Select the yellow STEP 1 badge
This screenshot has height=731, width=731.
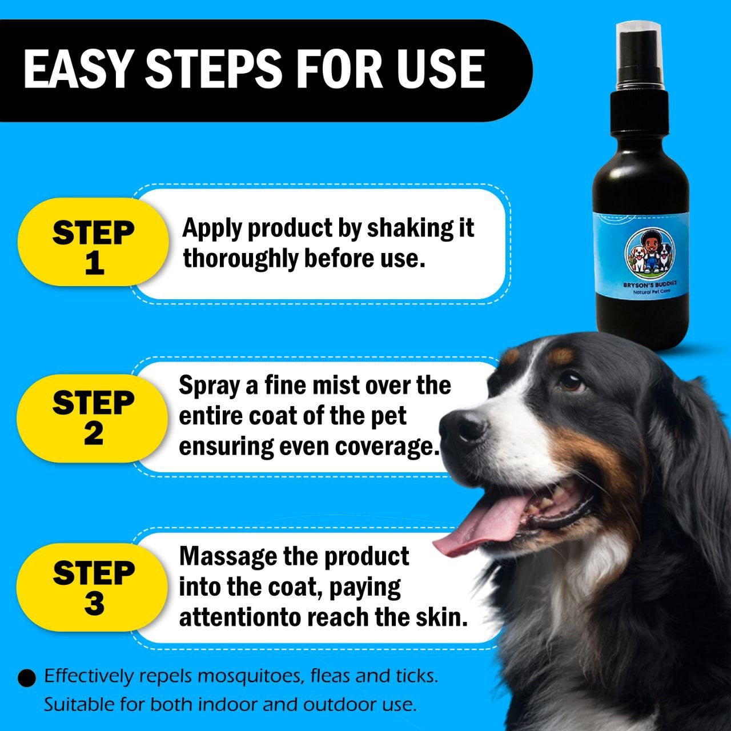point(93,242)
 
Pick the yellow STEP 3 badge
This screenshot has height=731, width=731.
point(93,588)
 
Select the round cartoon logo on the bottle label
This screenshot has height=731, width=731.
point(649,253)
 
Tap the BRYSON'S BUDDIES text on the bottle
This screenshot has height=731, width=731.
point(649,284)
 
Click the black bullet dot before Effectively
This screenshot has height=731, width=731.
point(27,678)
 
